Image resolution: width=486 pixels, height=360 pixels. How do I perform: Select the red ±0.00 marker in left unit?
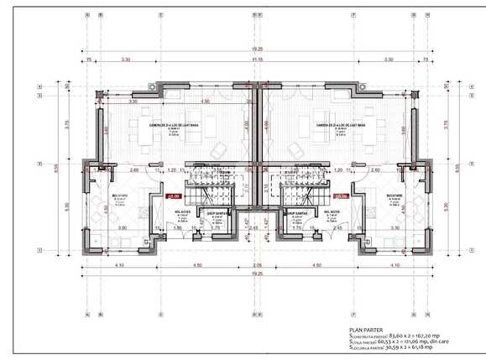[x=175, y=196]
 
